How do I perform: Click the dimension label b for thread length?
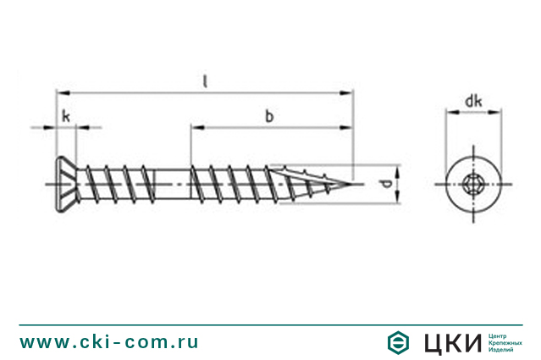[x=268, y=117]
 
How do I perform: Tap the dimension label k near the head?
[x=64, y=117]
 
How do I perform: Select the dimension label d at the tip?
[x=384, y=183]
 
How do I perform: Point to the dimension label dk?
[x=473, y=102]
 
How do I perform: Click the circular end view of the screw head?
[x=473, y=183]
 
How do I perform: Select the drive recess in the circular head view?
[x=473, y=183]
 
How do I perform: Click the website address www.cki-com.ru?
[x=109, y=341]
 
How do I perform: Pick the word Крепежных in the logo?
[x=506, y=342]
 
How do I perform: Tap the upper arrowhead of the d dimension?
[x=395, y=168]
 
